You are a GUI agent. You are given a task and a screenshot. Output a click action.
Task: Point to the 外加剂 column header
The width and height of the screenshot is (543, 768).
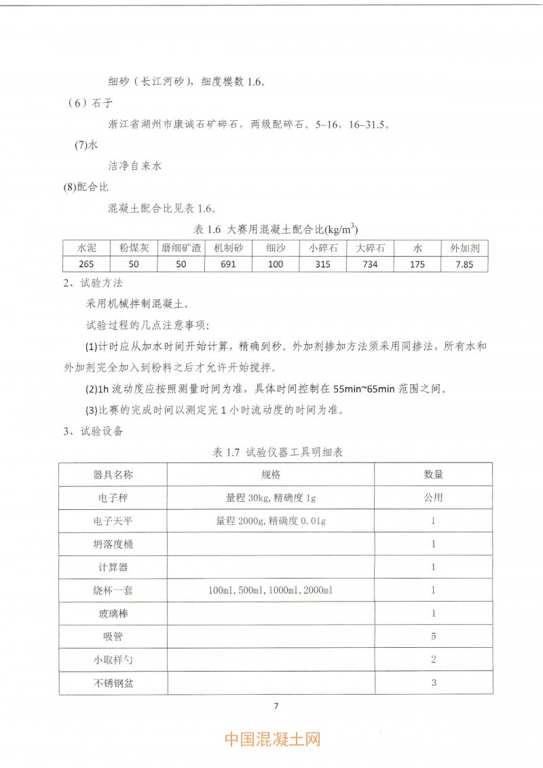465,249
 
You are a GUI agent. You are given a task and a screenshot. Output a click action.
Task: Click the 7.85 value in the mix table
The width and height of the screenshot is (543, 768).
465,264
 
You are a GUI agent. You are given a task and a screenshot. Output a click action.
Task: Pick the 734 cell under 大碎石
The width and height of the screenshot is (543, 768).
370,264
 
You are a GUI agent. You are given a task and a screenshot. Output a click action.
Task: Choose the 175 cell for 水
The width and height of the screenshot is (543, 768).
417,264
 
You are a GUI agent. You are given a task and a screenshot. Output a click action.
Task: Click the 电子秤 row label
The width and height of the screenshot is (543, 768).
113,498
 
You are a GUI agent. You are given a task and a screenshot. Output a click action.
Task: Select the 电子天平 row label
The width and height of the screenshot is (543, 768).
113,521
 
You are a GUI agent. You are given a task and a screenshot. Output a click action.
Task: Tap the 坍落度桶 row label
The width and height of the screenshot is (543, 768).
113,544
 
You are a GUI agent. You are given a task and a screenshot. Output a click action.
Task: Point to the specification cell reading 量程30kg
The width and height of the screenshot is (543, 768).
271,498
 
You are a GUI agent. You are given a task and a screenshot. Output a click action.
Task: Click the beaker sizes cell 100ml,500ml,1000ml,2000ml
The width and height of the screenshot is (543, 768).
271,590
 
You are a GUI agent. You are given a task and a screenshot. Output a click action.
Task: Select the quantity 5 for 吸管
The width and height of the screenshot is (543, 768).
434,636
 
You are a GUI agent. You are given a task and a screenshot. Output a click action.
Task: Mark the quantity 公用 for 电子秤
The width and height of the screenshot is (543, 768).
434,498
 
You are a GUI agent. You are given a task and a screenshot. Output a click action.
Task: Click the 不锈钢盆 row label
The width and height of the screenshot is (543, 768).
113,682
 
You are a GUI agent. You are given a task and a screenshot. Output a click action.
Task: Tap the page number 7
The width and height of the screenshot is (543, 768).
276,706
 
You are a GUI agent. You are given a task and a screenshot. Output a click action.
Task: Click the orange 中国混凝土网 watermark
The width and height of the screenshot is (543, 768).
272,739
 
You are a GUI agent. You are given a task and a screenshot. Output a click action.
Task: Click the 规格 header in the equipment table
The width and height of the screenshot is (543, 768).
271,475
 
